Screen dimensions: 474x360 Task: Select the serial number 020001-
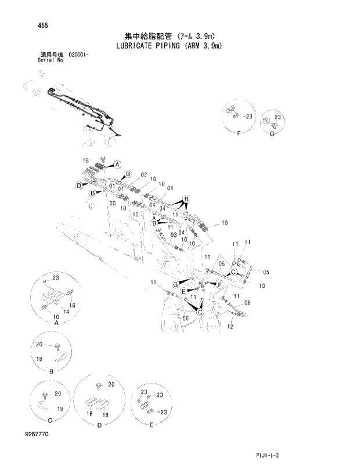pyautogui.click(x=81, y=54)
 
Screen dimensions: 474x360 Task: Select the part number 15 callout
pyautogui.click(x=85, y=160)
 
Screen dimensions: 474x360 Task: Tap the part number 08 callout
pyautogui.click(x=248, y=303)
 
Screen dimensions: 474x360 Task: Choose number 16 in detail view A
pyautogui.click(x=73, y=305)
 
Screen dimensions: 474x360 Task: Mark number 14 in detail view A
pyautogui.click(x=66, y=312)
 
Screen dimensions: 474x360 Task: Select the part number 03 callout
pyautogui.click(x=173, y=233)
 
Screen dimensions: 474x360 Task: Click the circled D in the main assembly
pyautogui.click(x=78, y=185)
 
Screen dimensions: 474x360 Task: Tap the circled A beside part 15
pyautogui.click(x=117, y=164)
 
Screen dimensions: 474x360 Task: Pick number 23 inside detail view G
pyautogui.click(x=278, y=118)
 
